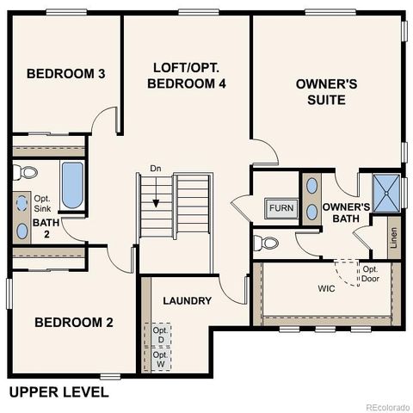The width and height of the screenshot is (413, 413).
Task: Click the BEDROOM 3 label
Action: (x=65, y=74)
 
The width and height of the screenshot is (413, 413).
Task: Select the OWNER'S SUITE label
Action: (x=320, y=92)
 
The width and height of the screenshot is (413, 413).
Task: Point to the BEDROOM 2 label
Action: (x=73, y=323)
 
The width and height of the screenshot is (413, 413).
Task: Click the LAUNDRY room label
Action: (x=187, y=300)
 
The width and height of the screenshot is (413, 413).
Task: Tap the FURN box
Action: (x=280, y=208)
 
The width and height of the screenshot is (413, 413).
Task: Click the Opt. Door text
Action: (x=370, y=274)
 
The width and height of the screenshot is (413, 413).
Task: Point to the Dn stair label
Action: (x=156, y=168)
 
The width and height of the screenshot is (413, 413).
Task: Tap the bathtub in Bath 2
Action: (x=71, y=185)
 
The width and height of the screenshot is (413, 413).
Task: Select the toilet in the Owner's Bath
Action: (x=269, y=243)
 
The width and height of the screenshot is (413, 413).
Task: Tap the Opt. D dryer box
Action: (x=160, y=335)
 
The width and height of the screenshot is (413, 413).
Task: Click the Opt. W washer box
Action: (x=160, y=358)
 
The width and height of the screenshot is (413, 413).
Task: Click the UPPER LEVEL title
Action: (x=59, y=392)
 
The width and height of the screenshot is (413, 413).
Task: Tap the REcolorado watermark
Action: (x=387, y=406)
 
